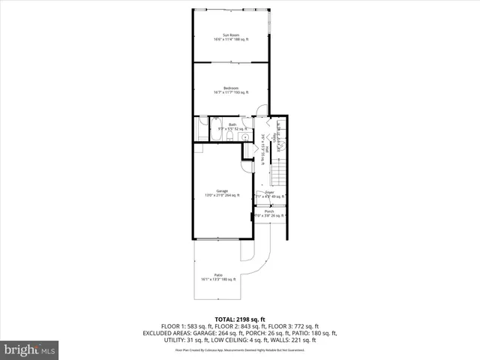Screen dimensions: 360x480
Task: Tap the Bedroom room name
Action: pos(230,88)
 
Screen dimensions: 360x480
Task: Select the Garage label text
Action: pos(222,190)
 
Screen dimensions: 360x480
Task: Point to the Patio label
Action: pos(217,274)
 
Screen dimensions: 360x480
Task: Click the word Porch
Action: pos(268,211)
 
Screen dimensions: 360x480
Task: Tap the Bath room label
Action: pos(232,124)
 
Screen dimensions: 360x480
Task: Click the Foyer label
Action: pos(269,192)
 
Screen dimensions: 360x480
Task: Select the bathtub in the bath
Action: pos(202,128)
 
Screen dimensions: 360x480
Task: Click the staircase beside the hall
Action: pos(278,175)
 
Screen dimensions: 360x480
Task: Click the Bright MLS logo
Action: pos(29,349)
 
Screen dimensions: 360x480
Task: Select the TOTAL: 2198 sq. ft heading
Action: pos(240,319)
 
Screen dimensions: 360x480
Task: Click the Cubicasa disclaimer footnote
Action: pos(240,349)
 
